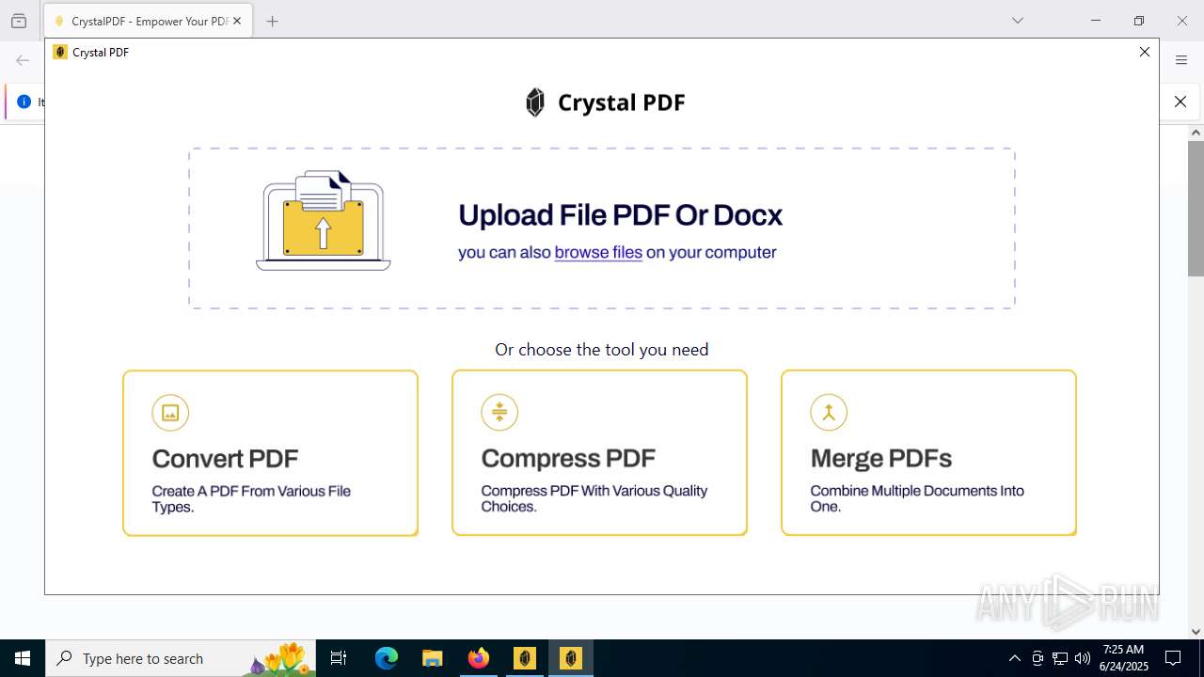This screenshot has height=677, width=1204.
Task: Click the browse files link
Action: point(598,252)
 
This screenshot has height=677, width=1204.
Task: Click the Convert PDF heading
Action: point(225,459)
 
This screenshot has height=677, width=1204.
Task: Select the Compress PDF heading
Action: point(568,458)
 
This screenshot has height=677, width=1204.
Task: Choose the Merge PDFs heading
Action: point(880,458)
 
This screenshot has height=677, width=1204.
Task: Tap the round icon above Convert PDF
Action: point(170,413)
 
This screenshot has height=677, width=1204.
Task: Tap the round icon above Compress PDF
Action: point(499,412)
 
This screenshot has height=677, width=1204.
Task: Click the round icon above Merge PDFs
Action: point(829,412)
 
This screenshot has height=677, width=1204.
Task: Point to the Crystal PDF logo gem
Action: point(535,102)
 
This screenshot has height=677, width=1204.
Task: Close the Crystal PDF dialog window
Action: point(1145,52)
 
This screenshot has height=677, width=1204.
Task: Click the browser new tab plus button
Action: point(273,21)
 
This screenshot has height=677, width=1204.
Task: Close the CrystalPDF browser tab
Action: point(237,21)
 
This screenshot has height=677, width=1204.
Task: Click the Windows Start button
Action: point(23,658)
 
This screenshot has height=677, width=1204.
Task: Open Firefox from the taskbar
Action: point(479,658)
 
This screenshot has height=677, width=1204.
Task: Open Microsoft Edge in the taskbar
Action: point(387,658)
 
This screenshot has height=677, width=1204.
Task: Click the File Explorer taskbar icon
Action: point(433,658)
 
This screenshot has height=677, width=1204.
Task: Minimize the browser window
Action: point(1095,21)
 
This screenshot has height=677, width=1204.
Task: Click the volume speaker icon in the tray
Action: point(1082,658)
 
